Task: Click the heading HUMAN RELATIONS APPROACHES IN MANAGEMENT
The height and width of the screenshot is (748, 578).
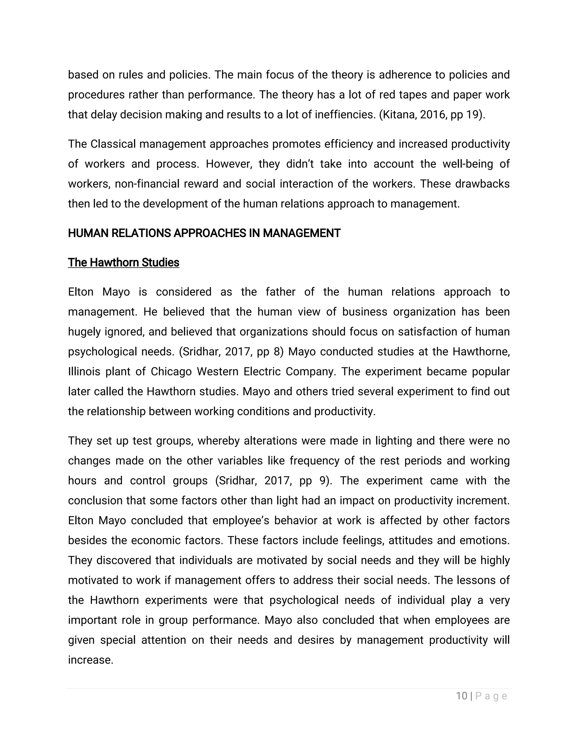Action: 204,233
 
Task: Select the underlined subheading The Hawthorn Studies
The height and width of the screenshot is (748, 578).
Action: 124,263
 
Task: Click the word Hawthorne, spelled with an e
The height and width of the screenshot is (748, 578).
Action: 481,352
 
